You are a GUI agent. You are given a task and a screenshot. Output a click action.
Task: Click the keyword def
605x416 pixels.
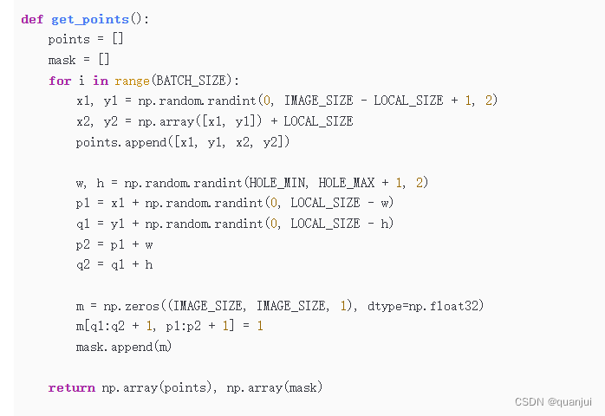[32, 19]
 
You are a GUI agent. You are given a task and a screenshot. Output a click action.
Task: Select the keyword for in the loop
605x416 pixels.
[60, 81]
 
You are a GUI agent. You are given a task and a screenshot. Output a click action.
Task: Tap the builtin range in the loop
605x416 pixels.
[132, 81]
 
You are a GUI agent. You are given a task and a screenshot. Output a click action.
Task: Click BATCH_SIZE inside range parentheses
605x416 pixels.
[190, 81]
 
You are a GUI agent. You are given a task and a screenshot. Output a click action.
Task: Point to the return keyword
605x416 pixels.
[72, 387]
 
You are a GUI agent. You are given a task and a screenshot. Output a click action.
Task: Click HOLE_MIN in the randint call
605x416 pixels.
[279, 182]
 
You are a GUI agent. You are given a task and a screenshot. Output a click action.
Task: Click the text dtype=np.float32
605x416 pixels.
[421, 305]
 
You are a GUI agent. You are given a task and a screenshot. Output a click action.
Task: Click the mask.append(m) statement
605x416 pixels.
[124, 347]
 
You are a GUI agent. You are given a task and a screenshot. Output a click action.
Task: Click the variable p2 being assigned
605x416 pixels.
[83, 244]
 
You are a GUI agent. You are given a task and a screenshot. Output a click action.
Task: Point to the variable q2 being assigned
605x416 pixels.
[83, 264]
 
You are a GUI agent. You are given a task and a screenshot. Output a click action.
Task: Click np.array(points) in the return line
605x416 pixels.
[157, 387]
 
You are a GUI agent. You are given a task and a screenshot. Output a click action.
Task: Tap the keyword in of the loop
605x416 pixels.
[100, 81]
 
